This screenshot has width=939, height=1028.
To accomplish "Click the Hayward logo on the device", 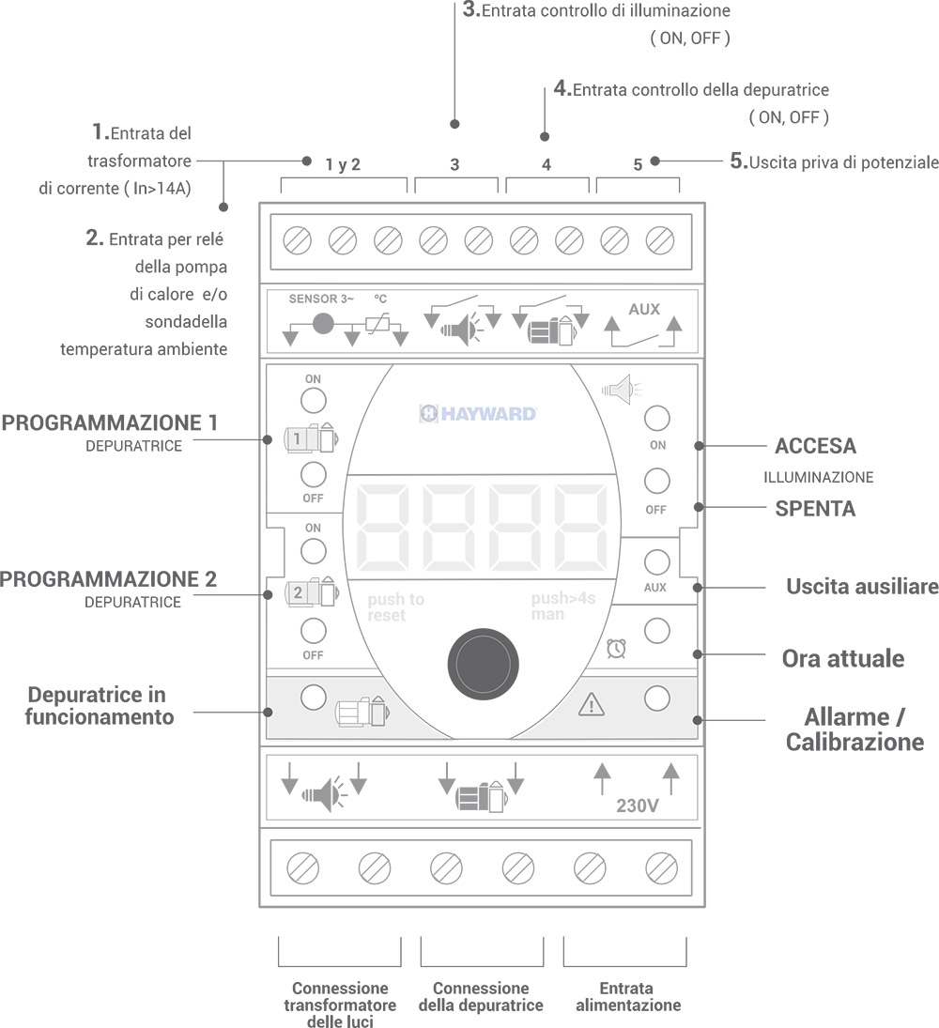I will coord(478,413).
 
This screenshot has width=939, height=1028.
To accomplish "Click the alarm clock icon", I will coord(617,648).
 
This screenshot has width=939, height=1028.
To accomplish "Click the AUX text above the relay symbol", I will coord(644,309).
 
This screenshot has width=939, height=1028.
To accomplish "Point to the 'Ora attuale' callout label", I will coord(842,658).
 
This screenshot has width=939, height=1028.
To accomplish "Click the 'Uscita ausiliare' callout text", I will coord(862,587).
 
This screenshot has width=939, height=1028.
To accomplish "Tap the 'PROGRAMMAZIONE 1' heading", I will coord(110,422).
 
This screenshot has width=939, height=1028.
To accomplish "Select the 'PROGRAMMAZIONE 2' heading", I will coord(109,579).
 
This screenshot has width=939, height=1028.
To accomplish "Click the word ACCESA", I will coord(815,446).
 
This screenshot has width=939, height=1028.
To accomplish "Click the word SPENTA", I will coord(815,509).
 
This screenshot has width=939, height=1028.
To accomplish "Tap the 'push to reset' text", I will coord(395,606).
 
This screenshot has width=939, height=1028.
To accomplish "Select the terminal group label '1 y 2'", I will coord(343,165).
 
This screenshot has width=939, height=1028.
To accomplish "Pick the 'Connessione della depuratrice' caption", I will coord(481,996).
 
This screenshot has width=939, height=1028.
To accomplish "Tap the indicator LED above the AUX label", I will coord(657,562).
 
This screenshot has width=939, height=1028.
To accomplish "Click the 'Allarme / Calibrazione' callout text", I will coord(854,729).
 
